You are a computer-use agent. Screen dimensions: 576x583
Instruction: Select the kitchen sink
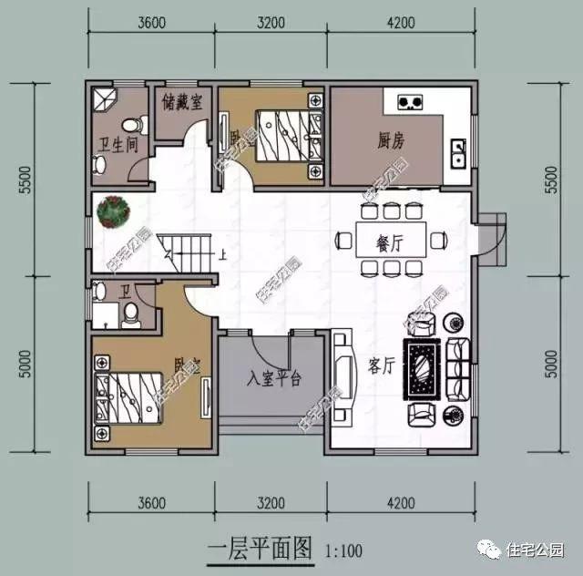click(x=460, y=152)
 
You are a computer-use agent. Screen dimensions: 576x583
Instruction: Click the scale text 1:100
click(x=343, y=550)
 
